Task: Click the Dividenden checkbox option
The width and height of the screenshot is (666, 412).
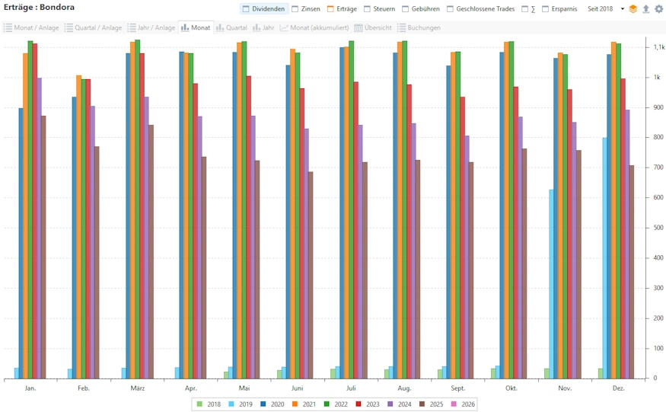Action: pyautogui.click(x=264, y=9)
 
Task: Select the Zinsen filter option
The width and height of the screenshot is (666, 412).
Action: pyautogui.click(x=306, y=9)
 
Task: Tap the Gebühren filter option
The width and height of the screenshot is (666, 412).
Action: pyautogui.click(x=420, y=9)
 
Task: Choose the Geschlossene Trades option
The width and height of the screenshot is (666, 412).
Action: pyautogui.click(x=480, y=9)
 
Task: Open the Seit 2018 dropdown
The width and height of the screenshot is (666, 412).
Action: pyautogui.click(x=605, y=9)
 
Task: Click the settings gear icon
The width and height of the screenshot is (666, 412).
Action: pyautogui.click(x=659, y=9)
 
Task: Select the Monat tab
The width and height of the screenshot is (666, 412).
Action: pyautogui.click(x=196, y=27)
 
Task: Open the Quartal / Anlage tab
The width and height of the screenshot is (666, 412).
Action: pyautogui.click(x=94, y=27)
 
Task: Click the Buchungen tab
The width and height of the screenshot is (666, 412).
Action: pyautogui.click(x=419, y=27)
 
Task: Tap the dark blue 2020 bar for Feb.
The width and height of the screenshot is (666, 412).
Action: pyautogui.click(x=75, y=237)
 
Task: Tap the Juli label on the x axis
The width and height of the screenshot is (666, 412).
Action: pyautogui.click(x=351, y=388)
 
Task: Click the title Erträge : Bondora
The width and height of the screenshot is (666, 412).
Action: pyautogui.click(x=40, y=8)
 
